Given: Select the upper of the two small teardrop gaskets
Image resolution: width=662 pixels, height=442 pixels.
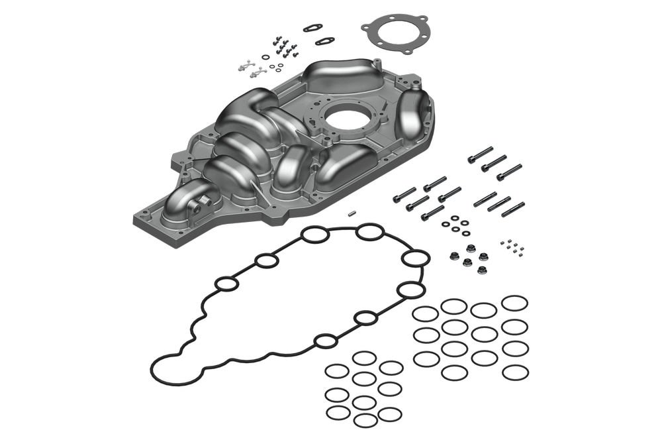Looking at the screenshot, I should (x=313, y=28).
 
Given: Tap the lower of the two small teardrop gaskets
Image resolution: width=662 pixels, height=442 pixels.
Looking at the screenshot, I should (x=324, y=41).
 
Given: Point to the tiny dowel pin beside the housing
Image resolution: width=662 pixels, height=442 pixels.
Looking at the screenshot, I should (x=354, y=214).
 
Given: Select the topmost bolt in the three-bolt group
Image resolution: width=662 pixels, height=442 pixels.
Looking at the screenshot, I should (x=480, y=154).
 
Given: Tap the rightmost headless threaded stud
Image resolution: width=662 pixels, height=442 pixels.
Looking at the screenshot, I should (x=513, y=209).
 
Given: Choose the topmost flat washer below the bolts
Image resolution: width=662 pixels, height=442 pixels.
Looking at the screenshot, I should (x=455, y=217).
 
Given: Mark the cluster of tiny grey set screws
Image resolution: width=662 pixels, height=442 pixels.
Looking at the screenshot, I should (x=512, y=246).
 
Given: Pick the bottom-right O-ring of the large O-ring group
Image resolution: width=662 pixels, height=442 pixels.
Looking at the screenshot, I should (x=515, y=372).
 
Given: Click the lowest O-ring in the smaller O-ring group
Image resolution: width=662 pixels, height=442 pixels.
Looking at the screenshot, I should (x=365, y=420).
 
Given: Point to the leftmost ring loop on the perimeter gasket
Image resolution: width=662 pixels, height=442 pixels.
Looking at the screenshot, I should (x=227, y=286).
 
